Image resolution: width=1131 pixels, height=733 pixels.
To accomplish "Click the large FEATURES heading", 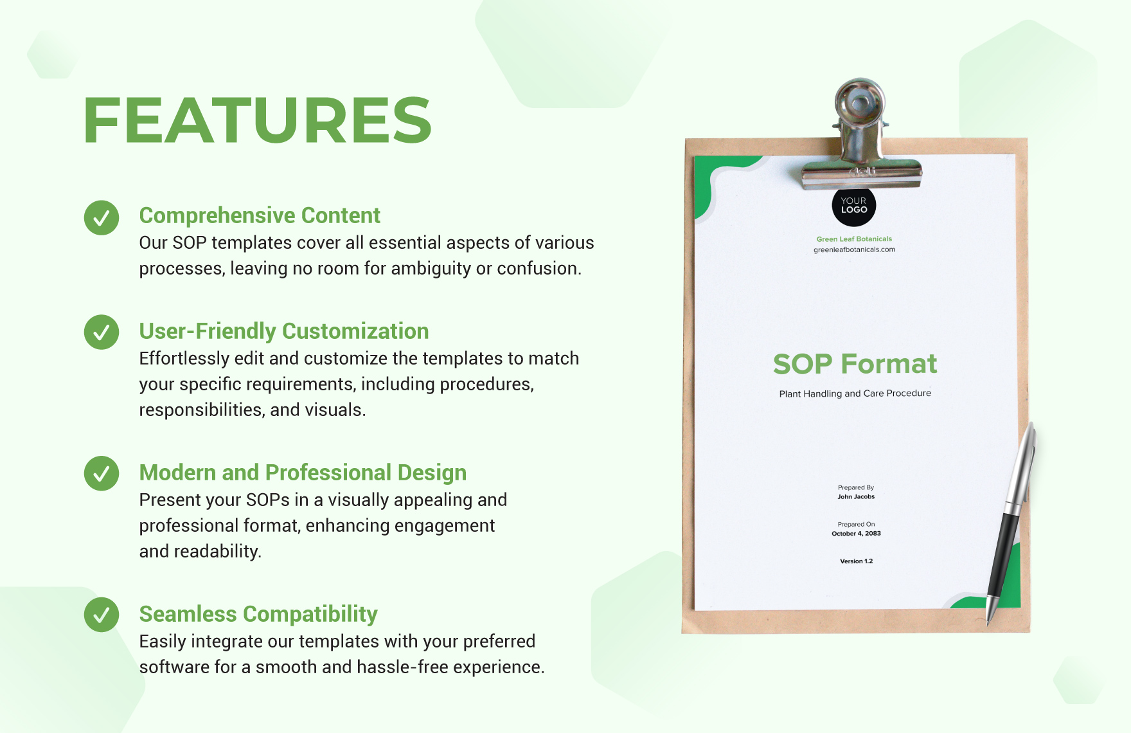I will pos(257,120).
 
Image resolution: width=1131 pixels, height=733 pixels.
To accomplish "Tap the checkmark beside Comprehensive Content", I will pos(102,218).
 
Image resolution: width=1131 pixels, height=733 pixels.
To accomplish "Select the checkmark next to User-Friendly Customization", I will pos(102,332).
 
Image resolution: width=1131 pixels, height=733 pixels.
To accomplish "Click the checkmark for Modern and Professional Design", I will pos(102,474).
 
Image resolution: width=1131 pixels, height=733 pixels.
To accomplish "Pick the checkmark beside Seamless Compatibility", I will pos(102,615).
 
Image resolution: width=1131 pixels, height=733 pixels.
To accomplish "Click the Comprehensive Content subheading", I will pos(260,215).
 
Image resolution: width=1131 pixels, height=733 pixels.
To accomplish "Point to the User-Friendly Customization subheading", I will pos(283,331).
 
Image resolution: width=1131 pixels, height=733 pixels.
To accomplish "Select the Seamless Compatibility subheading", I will pos(258,614).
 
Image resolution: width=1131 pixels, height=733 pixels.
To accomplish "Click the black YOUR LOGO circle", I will pos(853,206).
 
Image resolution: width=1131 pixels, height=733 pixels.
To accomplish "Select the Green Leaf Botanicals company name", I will pos(854,239).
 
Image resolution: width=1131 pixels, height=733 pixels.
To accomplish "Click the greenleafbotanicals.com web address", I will pos(854,249).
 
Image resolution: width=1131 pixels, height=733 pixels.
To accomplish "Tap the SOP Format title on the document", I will pos(855,364).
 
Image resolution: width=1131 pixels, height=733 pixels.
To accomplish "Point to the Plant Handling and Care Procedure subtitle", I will pos(855,394).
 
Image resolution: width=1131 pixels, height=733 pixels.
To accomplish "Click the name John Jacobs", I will pos(856,496).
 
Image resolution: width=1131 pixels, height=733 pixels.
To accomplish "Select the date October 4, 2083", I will pos(856,534).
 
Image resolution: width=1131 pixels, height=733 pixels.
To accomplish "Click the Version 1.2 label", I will pos(856,561).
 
